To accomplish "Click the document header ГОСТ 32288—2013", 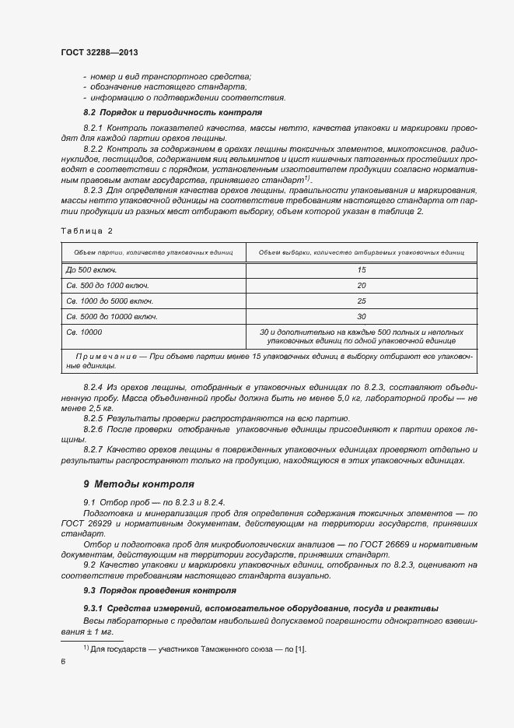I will pos(99,52).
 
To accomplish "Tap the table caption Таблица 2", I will pos(86,231).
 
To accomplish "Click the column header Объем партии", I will pos(152,252).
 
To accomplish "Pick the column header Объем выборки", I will pos(361,252).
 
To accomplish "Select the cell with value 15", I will pos(361,269).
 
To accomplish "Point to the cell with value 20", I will pos(361,285).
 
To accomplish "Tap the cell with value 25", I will pos(361,301).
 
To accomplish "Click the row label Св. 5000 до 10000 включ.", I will pos(112,317).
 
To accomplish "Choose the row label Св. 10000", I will pos(85,332).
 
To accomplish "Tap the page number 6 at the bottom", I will pos(62,662).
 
